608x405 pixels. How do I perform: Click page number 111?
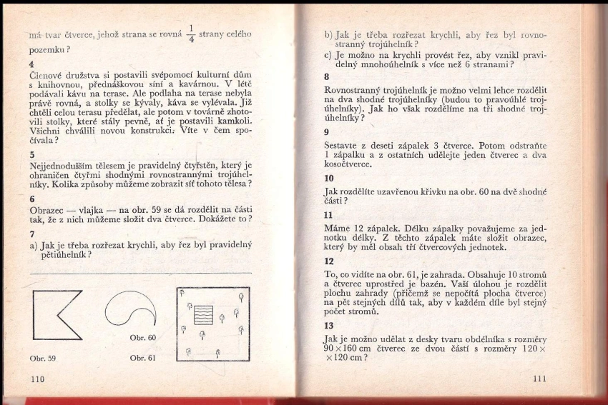(x=540, y=379)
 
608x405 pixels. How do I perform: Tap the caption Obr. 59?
(x=43, y=357)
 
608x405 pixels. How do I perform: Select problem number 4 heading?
(x=31, y=62)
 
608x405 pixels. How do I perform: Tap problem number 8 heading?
(x=327, y=77)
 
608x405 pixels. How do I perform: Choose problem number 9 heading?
(x=327, y=132)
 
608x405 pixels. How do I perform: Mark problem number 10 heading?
(x=329, y=178)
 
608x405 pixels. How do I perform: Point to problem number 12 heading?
(x=329, y=261)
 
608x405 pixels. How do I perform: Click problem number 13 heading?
(x=329, y=326)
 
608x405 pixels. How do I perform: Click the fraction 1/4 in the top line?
(x=190, y=36)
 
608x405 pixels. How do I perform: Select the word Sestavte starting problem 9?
(x=345, y=146)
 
